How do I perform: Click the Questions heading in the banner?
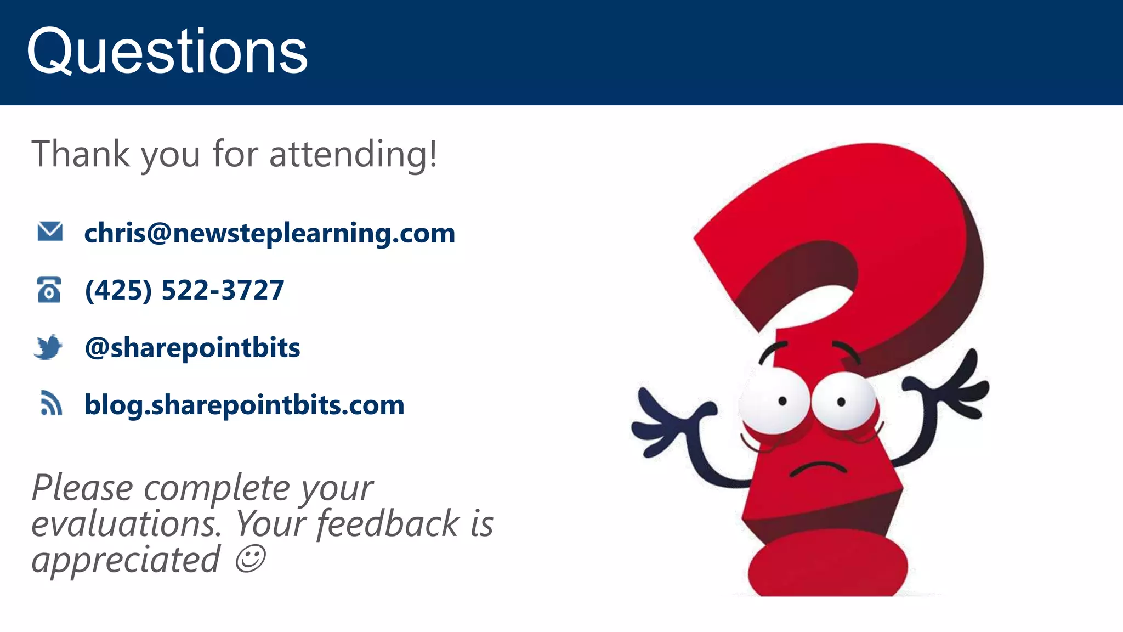pos(167,52)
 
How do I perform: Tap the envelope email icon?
pos(50,232)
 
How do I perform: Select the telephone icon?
pos(49,290)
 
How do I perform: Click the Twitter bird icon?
pos(49,347)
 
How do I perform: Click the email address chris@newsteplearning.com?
pos(269,233)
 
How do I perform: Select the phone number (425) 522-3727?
pos(184,290)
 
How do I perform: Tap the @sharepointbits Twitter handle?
pos(192,347)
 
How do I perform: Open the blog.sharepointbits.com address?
pos(244,405)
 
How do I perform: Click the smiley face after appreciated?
pos(250,558)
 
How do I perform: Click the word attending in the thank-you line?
pos(353,154)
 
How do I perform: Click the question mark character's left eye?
pos(774,403)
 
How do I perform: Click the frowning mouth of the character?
pos(818,469)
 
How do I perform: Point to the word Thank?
pos(81,154)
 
